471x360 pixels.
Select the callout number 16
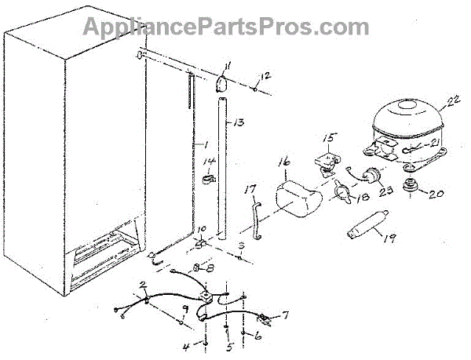coord(283,164)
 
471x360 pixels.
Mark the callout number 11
coord(228,66)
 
